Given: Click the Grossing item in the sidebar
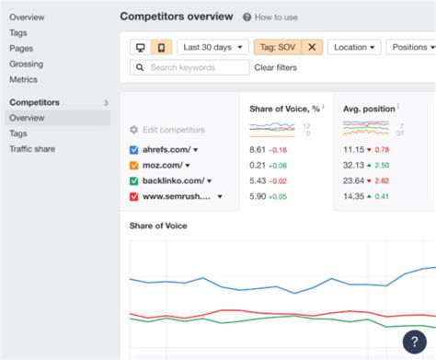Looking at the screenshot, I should tap(26, 64).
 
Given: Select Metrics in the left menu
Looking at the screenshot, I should tap(24, 79).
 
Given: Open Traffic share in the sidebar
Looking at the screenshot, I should tap(36, 148).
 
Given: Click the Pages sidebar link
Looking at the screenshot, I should tap(22, 48).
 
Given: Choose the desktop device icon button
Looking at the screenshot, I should tap(141, 47).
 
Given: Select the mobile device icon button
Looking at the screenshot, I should tap(161, 47).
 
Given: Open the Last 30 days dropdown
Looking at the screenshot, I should tap(212, 47).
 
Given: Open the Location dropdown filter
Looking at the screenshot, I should tap(354, 47).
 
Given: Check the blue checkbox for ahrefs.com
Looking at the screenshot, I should tap(134, 149).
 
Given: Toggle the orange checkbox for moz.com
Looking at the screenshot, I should tap(134, 165).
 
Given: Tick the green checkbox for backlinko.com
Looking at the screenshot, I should tap(134, 180).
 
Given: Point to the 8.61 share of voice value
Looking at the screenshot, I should tap(258, 149).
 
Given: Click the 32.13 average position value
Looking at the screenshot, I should tap(354, 165).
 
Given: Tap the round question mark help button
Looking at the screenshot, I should tap(415, 342).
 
